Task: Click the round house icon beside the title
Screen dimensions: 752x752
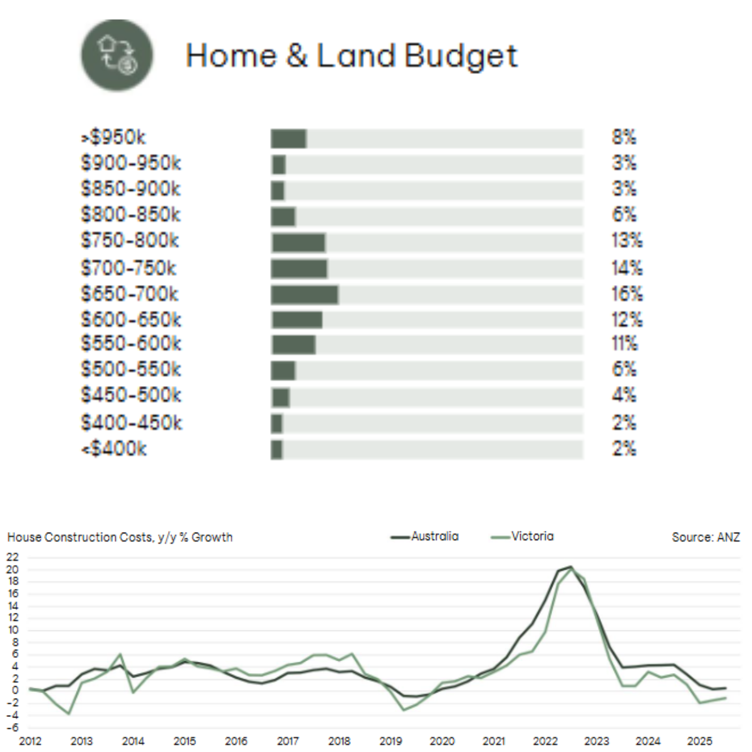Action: (117, 55)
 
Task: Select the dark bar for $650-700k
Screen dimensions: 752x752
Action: (305, 295)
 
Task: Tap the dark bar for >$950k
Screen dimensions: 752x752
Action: (288, 138)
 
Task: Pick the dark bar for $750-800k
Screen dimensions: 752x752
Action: (298, 243)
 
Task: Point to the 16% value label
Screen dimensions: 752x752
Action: (627, 294)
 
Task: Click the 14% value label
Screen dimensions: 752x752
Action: (627, 268)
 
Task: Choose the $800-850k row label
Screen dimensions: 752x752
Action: (130, 215)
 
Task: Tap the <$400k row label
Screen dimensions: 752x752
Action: (113, 449)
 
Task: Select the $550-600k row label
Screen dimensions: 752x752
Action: (130, 343)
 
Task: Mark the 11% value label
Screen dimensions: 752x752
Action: (624, 343)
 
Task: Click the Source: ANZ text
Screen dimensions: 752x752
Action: (706, 537)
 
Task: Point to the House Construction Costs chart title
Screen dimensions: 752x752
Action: (120, 537)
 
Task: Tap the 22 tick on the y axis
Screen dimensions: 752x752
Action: (13, 557)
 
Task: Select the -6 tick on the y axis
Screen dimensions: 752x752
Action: (13, 728)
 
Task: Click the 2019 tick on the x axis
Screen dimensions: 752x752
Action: (390, 741)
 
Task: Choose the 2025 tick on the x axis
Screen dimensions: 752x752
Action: (699, 741)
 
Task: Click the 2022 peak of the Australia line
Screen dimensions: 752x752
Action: (570, 567)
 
